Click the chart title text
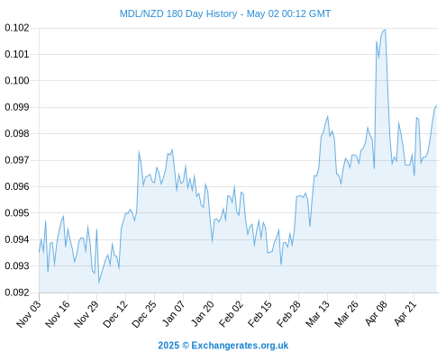(225, 13)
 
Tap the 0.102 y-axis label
(17, 28)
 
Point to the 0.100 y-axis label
(17, 81)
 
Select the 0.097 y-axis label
(17, 160)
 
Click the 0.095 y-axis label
(17, 213)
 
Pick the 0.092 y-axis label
(17, 292)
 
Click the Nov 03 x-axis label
(29, 314)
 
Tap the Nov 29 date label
(86, 314)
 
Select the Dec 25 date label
(144, 314)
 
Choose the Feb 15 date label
(260, 314)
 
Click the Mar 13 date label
(318, 314)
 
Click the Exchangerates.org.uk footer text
(240, 346)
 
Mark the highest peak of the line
(385, 30)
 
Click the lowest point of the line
(98, 283)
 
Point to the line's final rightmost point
(436, 105)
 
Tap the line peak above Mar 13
(328, 116)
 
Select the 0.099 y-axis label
(17, 107)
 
